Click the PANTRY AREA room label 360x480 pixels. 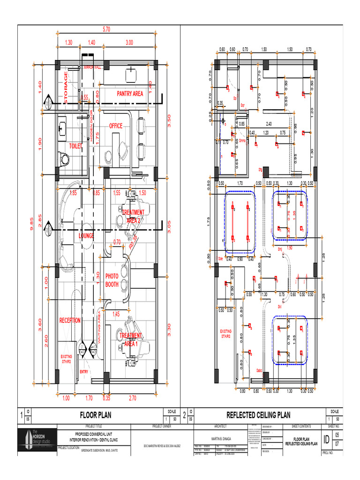pyautogui.click(x=130, y=94)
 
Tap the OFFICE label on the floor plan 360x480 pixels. pyautogui.click(x=116, y=126)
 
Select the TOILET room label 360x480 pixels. pyautogui.click(x=75, y=146)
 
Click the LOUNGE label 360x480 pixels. pyautogui.click(x=86, y=236)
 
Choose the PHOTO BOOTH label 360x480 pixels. pyautogui.click(x=112, y=280)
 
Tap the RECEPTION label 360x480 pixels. pyautogui.click(x=70, y=321)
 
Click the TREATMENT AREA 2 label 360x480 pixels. pyautogui.click(x=133, y=216)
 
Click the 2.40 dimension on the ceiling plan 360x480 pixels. pyautogui.click(x=269, y=124)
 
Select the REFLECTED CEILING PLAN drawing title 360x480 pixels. pyautogui.click(x=258, y=415)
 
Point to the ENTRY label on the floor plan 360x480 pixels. pyautogui.click(x=84, y=372)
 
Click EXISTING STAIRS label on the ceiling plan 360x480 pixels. pyautogui.click(x=226, y=334)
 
